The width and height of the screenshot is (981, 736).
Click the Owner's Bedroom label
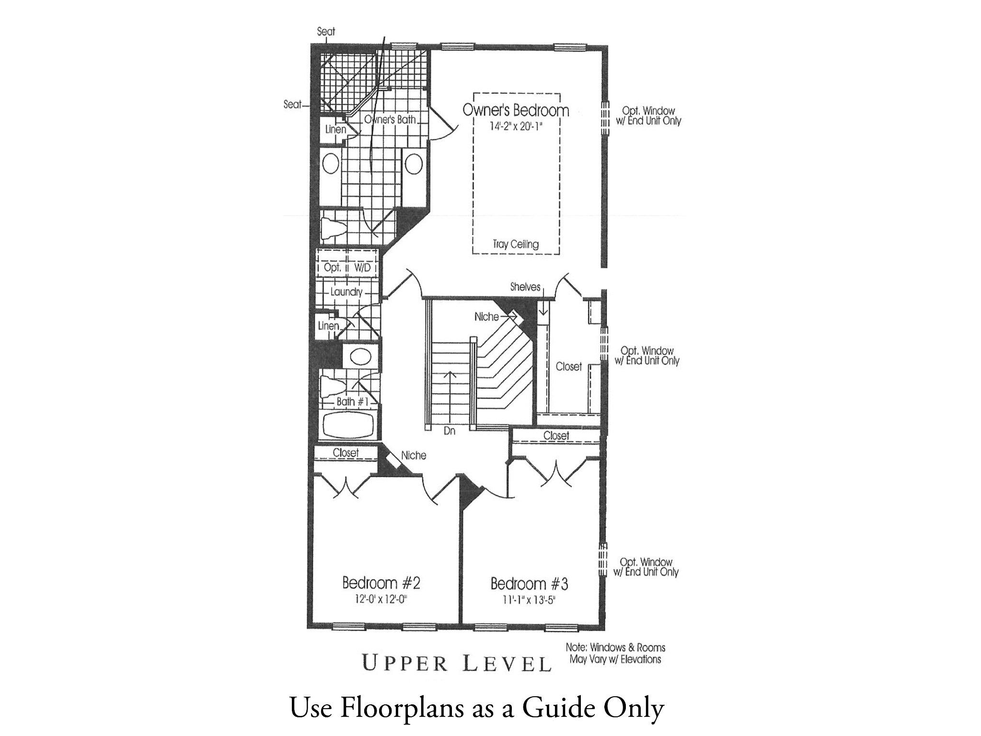(x=516, y=110)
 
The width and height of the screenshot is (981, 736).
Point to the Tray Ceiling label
(x=516, y=244)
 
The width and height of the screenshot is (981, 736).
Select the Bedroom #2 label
(x=381, y=583)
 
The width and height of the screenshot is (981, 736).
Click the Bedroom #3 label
(x=529, y=584)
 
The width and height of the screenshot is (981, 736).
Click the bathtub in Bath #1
(x=348, y=424)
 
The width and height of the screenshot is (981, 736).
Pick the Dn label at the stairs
(x=449, y=431)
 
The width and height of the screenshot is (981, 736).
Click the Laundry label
(x=346, y=292)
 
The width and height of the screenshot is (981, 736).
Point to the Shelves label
(x=525, y=287)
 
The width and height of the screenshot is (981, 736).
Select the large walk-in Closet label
(x=568, y=366)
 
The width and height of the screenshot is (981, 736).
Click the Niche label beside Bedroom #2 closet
(x=413, y=455)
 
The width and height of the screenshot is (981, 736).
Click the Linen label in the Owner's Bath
(x=335, y=129)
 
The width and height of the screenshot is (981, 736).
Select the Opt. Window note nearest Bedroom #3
(x=646, y=567)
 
